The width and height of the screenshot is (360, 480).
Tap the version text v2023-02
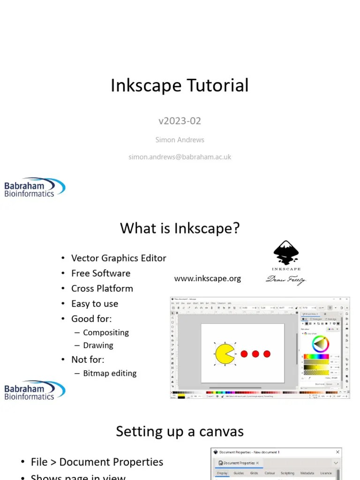coord(180,121)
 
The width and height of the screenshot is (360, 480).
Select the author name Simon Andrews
coord(180,140)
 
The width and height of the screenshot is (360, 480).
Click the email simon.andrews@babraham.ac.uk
coord(180,157)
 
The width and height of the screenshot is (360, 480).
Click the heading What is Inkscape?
coord(180,228)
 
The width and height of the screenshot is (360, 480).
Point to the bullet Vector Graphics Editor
coord(119,258)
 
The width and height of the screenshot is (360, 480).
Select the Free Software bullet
coord(101,273)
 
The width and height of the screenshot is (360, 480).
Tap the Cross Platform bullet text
coord(102,288)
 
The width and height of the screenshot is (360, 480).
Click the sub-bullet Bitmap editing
coord(110,374)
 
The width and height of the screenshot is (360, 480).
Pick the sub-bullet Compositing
coord(106,332)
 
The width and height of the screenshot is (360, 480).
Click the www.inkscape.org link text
coord(208,278)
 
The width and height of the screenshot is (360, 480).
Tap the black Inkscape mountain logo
coord(286,254)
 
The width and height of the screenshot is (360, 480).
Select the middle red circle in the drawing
coord(255,354)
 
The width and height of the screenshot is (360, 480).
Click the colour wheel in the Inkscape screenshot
coord(321,344)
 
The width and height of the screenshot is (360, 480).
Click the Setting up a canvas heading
coord(180,431)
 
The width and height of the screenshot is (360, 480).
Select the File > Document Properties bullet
coord(97,462)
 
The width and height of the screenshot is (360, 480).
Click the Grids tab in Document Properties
coord(254,473)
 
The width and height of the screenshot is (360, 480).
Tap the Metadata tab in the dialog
coord(307,473)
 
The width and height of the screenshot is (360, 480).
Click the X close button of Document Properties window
coord(337,452)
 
